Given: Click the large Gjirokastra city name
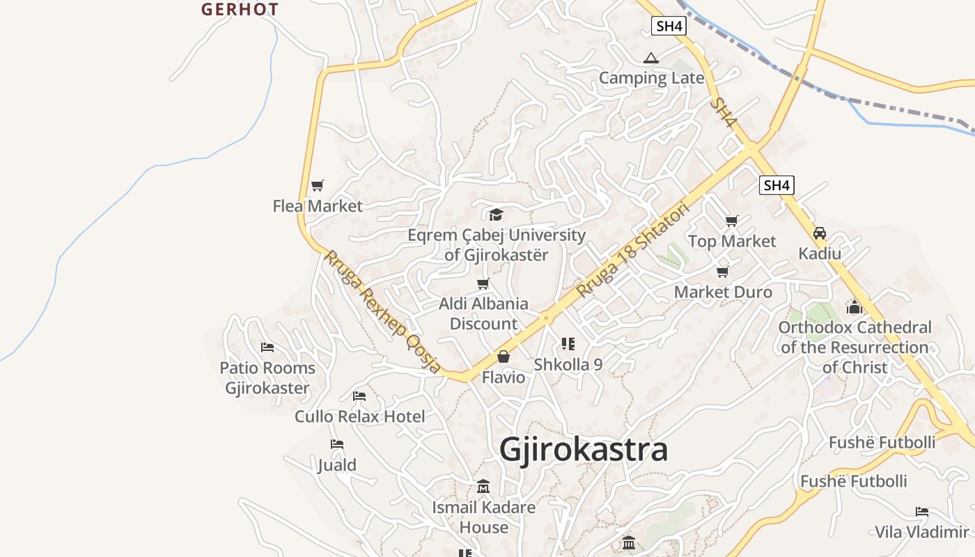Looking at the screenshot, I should (584, 450).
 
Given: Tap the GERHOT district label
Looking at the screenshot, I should (240, 10).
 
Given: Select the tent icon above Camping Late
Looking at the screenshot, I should (651, 58).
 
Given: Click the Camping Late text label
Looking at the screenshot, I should (651, 78).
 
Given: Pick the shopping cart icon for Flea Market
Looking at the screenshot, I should (318, 185).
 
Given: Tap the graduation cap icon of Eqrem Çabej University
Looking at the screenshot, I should (496, 214).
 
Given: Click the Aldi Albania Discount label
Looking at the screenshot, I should (483, 313).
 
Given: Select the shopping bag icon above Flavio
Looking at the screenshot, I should (503, 357).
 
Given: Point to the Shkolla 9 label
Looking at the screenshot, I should (568, 364).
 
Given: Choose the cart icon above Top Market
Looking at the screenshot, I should (731, 221).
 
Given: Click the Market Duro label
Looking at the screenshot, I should (723, 292).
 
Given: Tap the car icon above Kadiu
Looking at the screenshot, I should (820, 233).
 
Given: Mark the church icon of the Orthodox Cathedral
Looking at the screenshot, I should (855, 307).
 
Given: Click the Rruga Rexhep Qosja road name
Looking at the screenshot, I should (382, 311).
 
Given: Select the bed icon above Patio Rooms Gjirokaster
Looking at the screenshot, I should (267, 347).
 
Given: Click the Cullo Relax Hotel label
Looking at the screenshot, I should (359, 416).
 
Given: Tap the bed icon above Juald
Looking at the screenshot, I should (337, 444).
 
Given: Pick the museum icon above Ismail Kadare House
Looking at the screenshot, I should (483, 487).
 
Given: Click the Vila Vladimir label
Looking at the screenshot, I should (921, 532).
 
